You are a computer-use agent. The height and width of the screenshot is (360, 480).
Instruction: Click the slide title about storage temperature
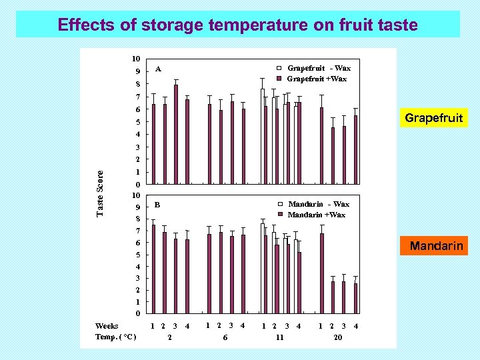coord(237,25)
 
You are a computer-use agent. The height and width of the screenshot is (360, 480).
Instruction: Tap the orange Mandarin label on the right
coord(436,246)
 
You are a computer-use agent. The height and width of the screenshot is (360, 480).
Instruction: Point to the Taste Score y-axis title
coord(101,193)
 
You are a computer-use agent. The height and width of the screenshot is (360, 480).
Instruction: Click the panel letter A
coord(158,69)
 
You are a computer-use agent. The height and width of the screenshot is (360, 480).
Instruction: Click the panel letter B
coord(158,204)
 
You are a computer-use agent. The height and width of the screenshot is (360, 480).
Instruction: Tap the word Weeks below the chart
coord(107,326)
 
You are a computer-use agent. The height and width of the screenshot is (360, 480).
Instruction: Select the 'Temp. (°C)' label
coord(115,337)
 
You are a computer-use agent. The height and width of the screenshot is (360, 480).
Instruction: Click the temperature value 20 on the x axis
coord(337,338)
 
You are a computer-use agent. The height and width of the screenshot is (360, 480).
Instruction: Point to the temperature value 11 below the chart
coord(280,338)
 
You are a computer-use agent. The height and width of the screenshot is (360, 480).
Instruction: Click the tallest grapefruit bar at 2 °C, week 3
coord(176,134)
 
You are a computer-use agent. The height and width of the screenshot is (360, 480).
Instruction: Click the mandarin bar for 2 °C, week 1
coord(153,269)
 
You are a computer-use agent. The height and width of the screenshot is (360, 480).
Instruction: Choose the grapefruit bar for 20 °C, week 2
coord(333,155)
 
